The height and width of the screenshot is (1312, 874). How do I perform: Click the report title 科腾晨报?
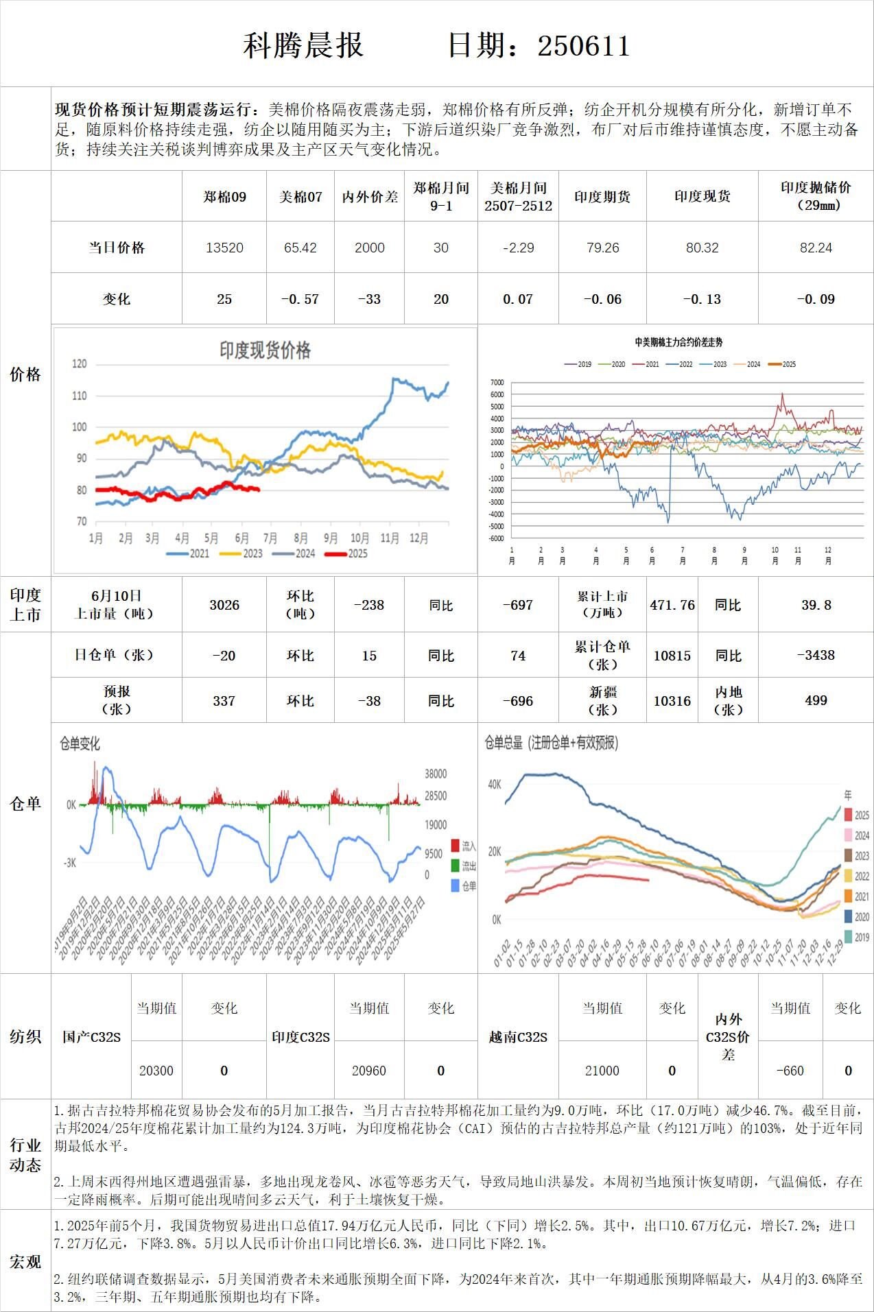click(x=303, y=46)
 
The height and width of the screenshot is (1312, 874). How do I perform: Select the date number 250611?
click(x=583, y=46)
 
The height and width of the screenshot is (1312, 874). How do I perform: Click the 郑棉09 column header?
click(x=224, y=197)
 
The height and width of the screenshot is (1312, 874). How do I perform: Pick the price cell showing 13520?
click(x=224, y=248)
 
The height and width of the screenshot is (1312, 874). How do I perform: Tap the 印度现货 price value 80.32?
click(x=702, y=248)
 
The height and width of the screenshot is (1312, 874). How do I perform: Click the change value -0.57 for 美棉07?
click(x=300, y=299)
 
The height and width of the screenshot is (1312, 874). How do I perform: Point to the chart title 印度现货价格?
click(x=265, y=350)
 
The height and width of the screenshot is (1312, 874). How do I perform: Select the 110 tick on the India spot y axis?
click(x=80, y=396)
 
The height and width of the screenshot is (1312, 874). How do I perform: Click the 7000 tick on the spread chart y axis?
click(x=497, y=383)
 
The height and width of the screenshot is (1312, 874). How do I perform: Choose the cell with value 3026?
click(x=224, y=605)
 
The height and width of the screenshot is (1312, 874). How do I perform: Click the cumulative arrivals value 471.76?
click(x=672, y=605)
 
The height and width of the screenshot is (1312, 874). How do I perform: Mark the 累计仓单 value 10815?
click(x=672, y=656)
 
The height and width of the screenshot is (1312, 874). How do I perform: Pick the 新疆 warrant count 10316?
click(x=672, y=700)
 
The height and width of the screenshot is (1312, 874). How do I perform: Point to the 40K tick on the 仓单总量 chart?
click(x=494, y=784)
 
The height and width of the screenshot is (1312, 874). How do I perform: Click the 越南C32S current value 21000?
click(x=602, y=1071)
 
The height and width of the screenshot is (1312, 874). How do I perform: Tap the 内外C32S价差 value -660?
click(x=790, y=1071)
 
